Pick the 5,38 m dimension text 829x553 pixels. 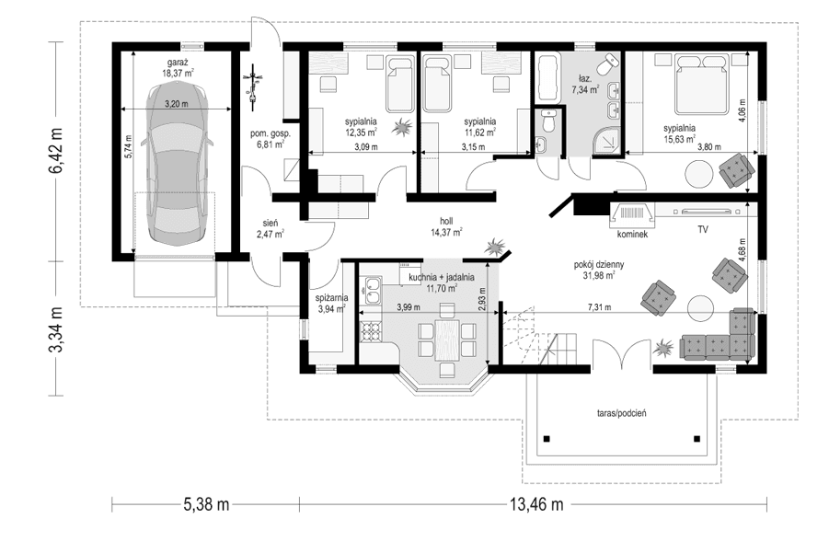(204, 504)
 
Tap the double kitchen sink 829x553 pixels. (372, 292)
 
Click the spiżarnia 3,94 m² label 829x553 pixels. (330, 304)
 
